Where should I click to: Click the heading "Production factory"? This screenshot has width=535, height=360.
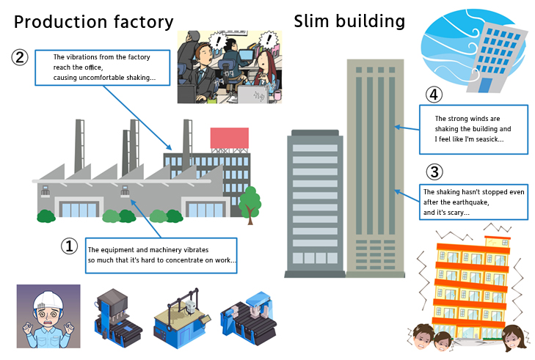(94, 23)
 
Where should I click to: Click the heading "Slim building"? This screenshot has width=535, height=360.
(349, 21)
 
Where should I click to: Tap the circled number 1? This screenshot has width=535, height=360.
(70, 247)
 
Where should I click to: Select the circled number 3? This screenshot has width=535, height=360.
(434, 172)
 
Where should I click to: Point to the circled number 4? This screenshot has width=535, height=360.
(434, 95)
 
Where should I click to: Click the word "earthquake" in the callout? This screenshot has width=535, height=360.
(469, 202)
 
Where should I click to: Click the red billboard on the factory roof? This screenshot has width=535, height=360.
(229, 139)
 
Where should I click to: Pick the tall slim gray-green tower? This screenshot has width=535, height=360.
(374, 165)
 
